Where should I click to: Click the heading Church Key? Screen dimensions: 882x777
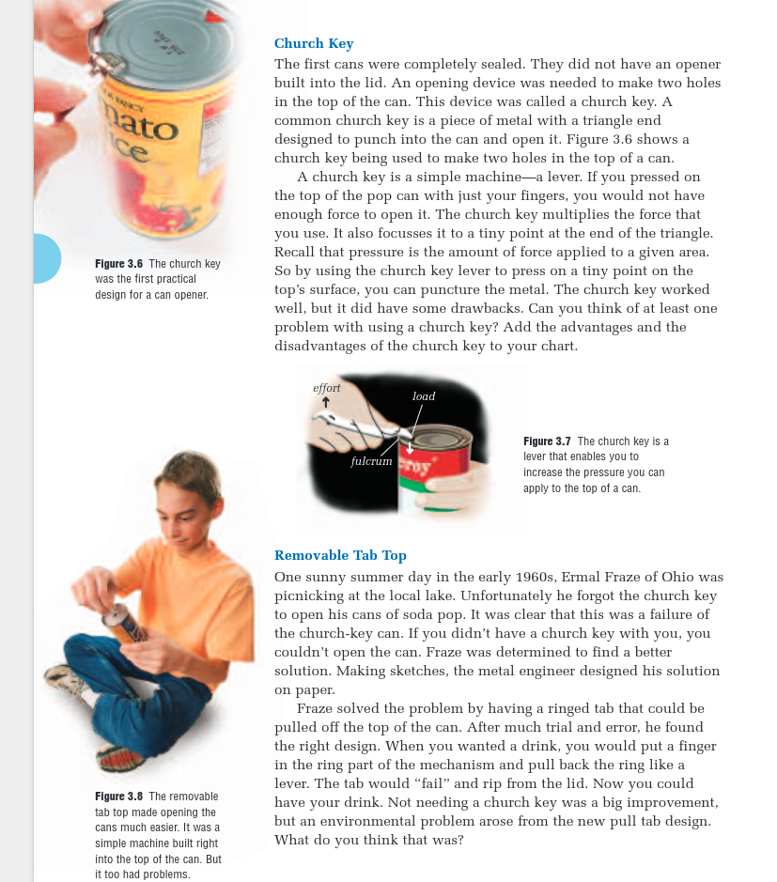tap(314, 43)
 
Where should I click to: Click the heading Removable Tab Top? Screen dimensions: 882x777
tap(340, 555)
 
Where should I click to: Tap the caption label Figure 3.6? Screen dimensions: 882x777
tap(118, 264)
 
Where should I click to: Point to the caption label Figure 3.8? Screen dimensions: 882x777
tap(118, 797)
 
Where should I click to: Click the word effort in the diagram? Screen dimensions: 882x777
tap(327, 388)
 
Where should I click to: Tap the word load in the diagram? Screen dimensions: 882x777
tap(424, 396)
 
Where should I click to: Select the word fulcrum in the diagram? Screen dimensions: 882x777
tap(371, 462)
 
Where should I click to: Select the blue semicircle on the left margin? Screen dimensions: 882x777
tap(46, 258)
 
